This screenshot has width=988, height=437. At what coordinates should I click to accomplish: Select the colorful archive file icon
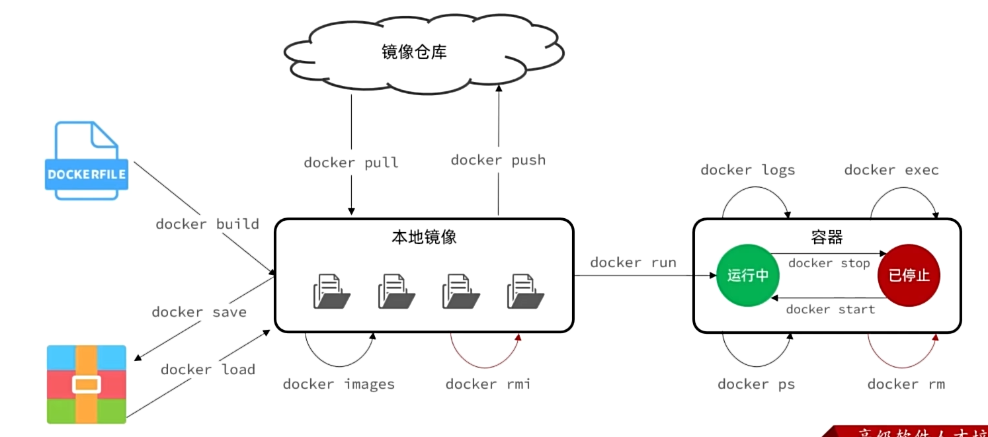86,384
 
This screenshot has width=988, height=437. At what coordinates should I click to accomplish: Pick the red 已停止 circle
909,276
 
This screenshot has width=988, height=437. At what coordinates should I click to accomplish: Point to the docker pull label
351,163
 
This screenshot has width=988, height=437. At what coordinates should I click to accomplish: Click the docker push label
498,160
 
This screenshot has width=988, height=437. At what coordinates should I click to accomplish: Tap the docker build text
207,224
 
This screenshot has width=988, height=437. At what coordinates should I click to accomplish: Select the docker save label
199,312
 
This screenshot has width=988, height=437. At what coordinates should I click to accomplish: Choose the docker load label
208,370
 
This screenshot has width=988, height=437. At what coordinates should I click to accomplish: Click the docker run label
633,262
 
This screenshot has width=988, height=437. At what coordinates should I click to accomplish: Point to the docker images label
339,384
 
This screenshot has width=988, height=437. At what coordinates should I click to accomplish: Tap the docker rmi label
487,384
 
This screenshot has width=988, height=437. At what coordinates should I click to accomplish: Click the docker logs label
747,171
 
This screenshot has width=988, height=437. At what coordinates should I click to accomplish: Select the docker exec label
891,171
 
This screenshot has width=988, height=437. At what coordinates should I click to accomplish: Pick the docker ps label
756,384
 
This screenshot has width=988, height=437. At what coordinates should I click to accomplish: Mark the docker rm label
906,384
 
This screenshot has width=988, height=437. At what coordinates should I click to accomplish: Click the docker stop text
829,263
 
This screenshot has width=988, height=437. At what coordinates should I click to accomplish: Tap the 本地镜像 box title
423,237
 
